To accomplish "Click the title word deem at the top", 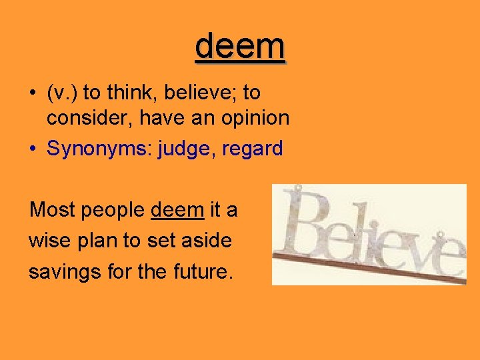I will coord(241,46).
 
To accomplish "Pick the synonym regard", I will coord(253,148).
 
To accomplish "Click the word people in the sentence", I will coord(111,211).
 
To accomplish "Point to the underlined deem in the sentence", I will coord(177,210).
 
